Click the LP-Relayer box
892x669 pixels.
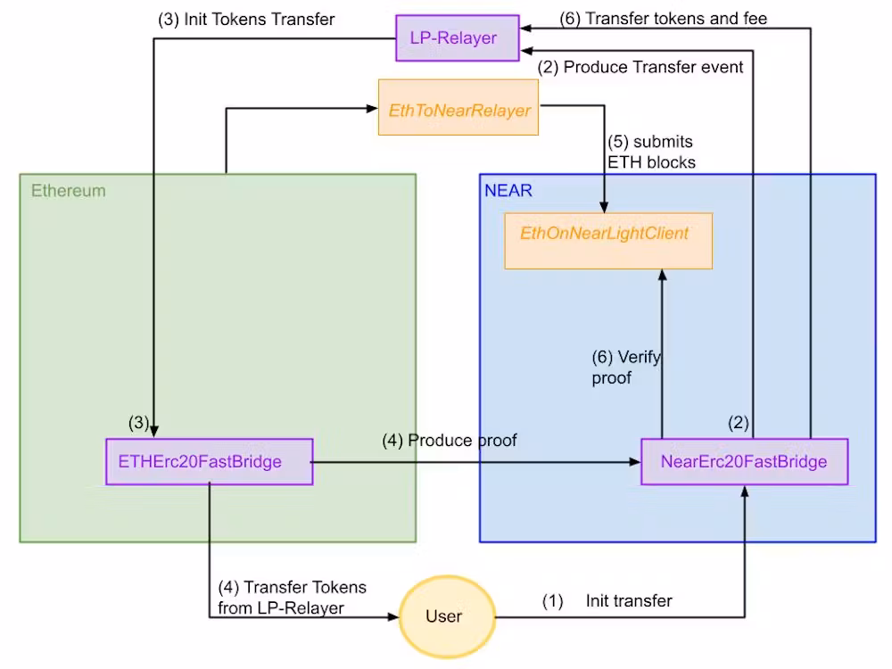tap(458, 37)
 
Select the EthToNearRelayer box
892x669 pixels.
tap(458, 111)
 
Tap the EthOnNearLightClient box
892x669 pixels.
tap(608, 239)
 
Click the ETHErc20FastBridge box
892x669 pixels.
tap(209, 461)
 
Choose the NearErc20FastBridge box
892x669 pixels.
tap(744, 461)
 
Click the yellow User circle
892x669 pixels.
tap(443, 616)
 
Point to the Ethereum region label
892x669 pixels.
tap(69, 190)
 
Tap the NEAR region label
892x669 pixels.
tap(508, 190)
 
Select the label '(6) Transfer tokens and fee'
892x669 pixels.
tap(664, 18)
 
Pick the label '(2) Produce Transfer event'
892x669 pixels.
tap(640, 67)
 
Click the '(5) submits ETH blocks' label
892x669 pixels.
tap(650, 152)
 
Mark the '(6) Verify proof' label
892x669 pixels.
tap(626, 368)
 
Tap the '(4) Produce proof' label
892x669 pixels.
tap(450, 441)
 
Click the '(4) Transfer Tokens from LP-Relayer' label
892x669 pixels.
tap(292, 598)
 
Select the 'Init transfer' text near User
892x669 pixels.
tap(629, 601)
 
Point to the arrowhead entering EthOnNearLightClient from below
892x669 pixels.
tap(662, 275)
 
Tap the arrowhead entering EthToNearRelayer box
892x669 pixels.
tap(373, 109)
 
